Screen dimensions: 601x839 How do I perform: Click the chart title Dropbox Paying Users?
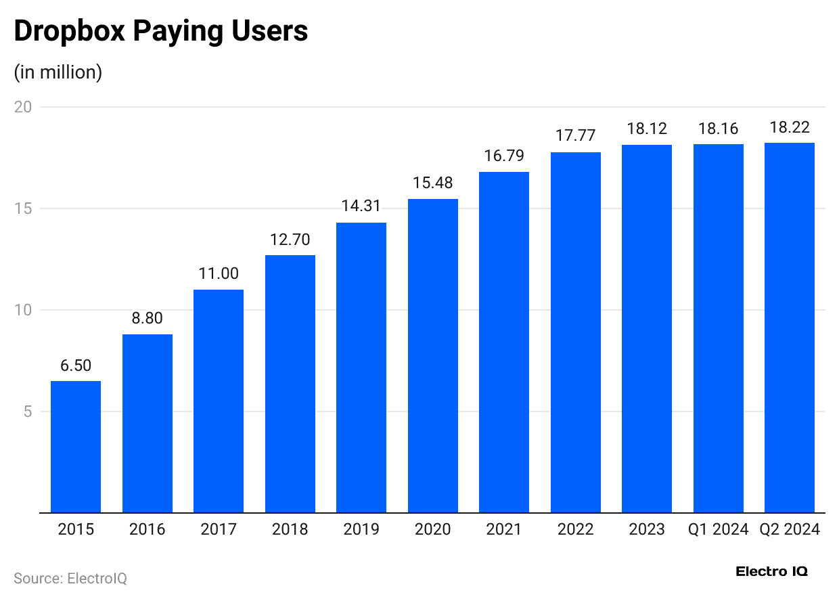pyautogui.click(x=161, y=32)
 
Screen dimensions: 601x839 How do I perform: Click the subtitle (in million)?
pyautogui.click(x=58, y=72)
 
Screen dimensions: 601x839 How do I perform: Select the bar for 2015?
pyautogui.click(x=76, y=447)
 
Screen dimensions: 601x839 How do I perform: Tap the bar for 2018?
pyautogui.click(x=290, y=384)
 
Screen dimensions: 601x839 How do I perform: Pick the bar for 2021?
pyautogui.click(x=504, y=342)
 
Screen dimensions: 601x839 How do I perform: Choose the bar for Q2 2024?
pyautogui.click(x=790, y=328)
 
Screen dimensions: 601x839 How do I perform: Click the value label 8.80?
pyautogui.click(x=148, y=318)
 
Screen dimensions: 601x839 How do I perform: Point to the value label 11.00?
pyautogui.click(x=219, y=273)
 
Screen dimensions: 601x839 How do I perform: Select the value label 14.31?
pyautogui.click(x=361, y=206)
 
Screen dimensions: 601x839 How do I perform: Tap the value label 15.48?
pyautogui.click(x=433, y=183)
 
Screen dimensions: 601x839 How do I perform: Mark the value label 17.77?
pyautogui.click(x=576, y=135)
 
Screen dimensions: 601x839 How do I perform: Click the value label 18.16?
pyautogui.click(x=719, y=128)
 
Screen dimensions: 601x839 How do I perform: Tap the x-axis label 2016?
pyautogui.click(x=148, y=529)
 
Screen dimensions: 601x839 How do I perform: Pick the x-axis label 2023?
pyautogui.click(x=647, y=529)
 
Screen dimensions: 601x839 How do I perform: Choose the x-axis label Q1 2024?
pyautogui.click(x=719, y=529)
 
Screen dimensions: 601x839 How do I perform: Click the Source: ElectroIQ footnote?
pyautogui.click(x=70, y=579)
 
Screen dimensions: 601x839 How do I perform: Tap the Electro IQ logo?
pyautogui.click(x=771, y=571)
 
